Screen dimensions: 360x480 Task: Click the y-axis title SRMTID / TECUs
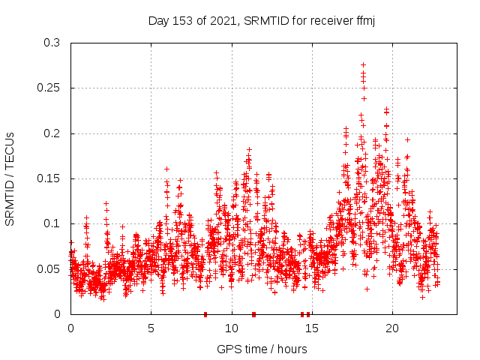[10, 178]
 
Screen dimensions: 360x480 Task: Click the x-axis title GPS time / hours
[262, 349]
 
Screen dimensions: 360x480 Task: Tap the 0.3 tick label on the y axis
[52, 43]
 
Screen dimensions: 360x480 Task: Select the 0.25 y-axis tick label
[49, 88]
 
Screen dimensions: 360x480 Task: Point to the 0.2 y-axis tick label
[52, 133]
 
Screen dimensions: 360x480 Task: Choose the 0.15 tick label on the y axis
[49, 178]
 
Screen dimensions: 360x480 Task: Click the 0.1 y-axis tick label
[52, 223]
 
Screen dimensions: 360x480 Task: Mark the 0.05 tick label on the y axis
[49, 268]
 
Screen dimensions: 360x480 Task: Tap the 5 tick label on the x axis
[151, 328]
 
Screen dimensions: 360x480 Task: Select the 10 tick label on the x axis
[232, 328]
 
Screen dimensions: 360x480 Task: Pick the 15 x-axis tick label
[312, 328]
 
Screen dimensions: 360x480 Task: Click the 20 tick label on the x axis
[392, 328]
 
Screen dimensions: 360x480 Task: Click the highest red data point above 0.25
[364, 65]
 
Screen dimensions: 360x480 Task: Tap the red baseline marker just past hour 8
[205, 314]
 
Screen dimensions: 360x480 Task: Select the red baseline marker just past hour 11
[254, 314]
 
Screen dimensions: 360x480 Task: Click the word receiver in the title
[324, 21]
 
